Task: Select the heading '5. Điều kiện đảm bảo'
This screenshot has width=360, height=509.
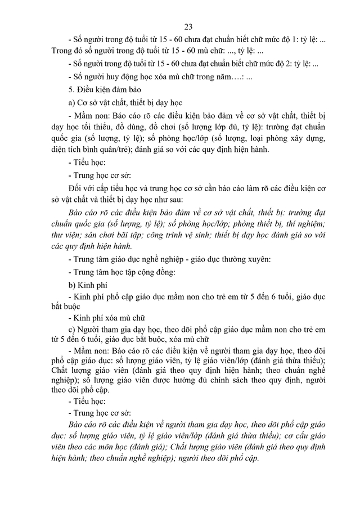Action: click(104, 89)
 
